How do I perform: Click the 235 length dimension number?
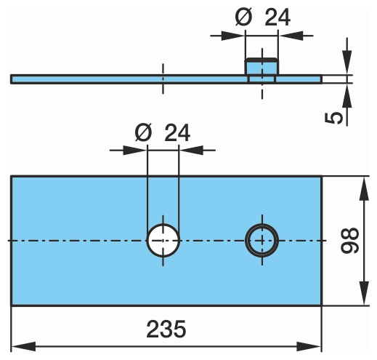click(166, 329)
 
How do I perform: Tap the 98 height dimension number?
click(349, 240)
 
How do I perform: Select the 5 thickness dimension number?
click(333, 118)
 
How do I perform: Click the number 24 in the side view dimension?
click(277, 17)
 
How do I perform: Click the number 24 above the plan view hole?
click(177, 132)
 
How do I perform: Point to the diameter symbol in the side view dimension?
click(243, 17)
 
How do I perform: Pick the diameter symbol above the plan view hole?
click(143, 132)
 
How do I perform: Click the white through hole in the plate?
click(163, 240)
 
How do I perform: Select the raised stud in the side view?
click(262, 66)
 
